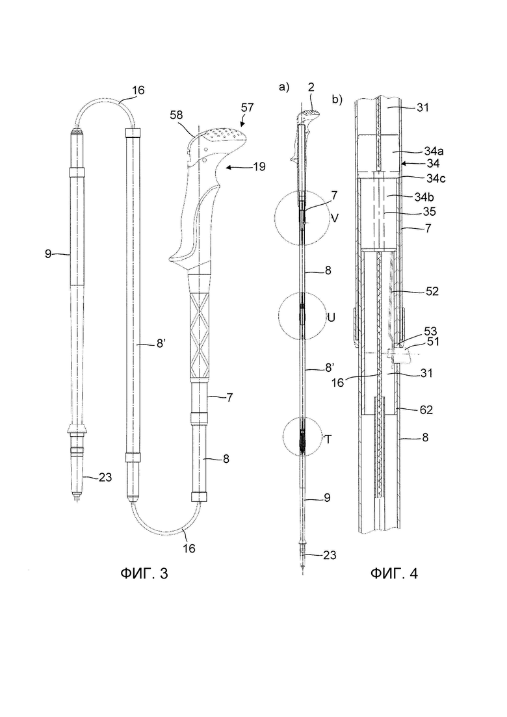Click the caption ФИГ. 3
(x=144, y=573)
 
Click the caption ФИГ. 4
(x=394, y=573)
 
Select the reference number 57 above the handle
(x=248, y=108)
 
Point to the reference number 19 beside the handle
(x=259, y=167)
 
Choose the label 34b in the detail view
(x=425, y=197)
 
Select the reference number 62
(x=426, y=410)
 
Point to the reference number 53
(x=431, y=331)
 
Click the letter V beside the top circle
(x=335, y=218)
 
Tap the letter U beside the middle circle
(x=331, y=317)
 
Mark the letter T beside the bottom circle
(x=328, y=439)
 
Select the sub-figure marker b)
(x=337, y=99)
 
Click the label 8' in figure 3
(x=162, y=343)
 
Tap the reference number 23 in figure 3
(x=105, y=477)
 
